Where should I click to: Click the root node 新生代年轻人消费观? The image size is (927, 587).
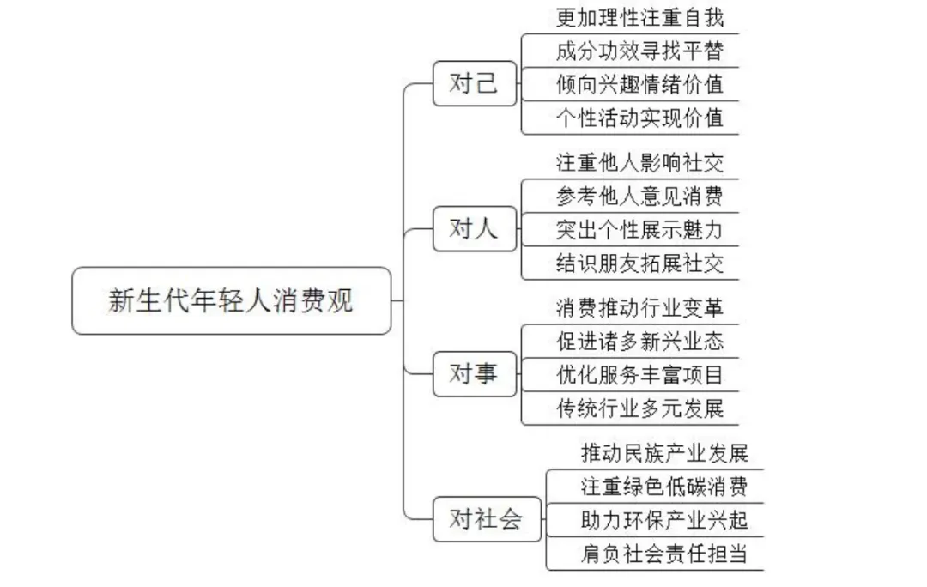click(231, 300)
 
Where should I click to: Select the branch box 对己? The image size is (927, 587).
click(475, 84)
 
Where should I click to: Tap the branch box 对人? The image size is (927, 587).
click(475, 229)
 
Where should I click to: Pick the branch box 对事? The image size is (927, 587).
click(475, 374)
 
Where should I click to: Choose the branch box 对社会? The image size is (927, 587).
click(487, 519)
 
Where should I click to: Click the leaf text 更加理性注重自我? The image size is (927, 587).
click(639, 17)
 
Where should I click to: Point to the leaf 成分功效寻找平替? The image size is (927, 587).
click(639, 51)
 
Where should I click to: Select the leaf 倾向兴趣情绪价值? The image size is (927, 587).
click(639, 84)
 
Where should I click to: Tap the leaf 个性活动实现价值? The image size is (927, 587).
click(639, 118)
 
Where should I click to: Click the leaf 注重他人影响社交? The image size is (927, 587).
click(639, 162)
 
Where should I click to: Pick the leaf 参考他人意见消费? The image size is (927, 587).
click(639, 196)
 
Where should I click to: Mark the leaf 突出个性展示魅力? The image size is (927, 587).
click(639, 229)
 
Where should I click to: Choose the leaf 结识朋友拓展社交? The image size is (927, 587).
click(639, 263)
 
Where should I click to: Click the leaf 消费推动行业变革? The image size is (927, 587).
click(639, 307)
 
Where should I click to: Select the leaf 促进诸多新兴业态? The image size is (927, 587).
click(639, 342)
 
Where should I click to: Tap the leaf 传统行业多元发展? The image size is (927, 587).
click(639, 408)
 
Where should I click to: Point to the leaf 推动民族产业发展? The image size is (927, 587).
click(664, 452)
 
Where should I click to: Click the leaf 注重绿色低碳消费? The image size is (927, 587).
click(664, 487)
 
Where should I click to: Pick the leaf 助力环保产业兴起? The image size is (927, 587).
click(664, 519)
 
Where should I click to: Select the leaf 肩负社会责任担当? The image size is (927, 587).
click(664, 554)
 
